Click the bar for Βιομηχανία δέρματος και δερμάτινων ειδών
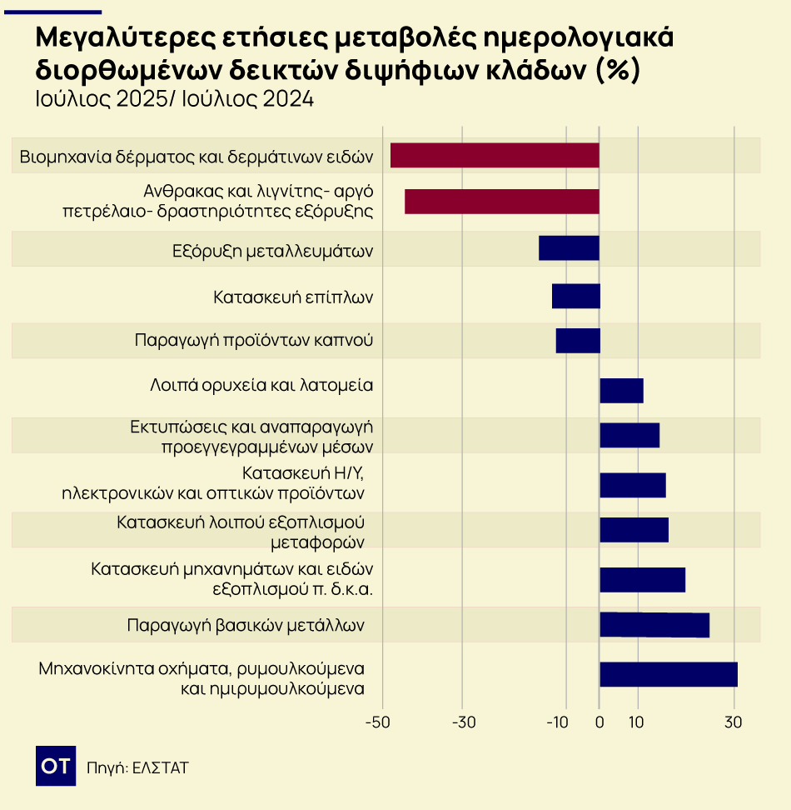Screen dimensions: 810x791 click(x=495, y=156)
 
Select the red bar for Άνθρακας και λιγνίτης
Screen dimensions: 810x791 click(x=502, y=202)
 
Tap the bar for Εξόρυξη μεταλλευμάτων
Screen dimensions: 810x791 click(x=569, y=248)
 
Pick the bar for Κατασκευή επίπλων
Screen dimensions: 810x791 click(x=575, y=296)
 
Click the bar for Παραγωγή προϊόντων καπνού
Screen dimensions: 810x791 click(x=578, y=341)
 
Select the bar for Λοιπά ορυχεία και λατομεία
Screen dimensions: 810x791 click(x=621, y=391)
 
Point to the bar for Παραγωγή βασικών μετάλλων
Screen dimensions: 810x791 click(x=654, y=625)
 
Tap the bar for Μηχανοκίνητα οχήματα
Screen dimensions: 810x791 click(x=669, y=674)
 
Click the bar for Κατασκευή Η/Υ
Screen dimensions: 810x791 click(x=633, y=485)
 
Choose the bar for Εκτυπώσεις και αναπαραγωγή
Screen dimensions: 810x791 click(x=629, y=435)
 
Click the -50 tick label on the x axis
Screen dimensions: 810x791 click(x=378, y=722)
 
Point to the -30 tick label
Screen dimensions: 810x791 click(x=464, y=722)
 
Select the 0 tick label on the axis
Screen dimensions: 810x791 click(x=599, y=722)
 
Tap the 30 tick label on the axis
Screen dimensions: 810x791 click(x=733, y=722)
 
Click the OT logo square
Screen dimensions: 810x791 click(x=56, y=766)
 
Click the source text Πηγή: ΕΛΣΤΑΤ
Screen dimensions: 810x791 click(x=137, y=767)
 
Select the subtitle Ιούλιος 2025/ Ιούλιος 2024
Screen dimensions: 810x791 click(x=175, y=99)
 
